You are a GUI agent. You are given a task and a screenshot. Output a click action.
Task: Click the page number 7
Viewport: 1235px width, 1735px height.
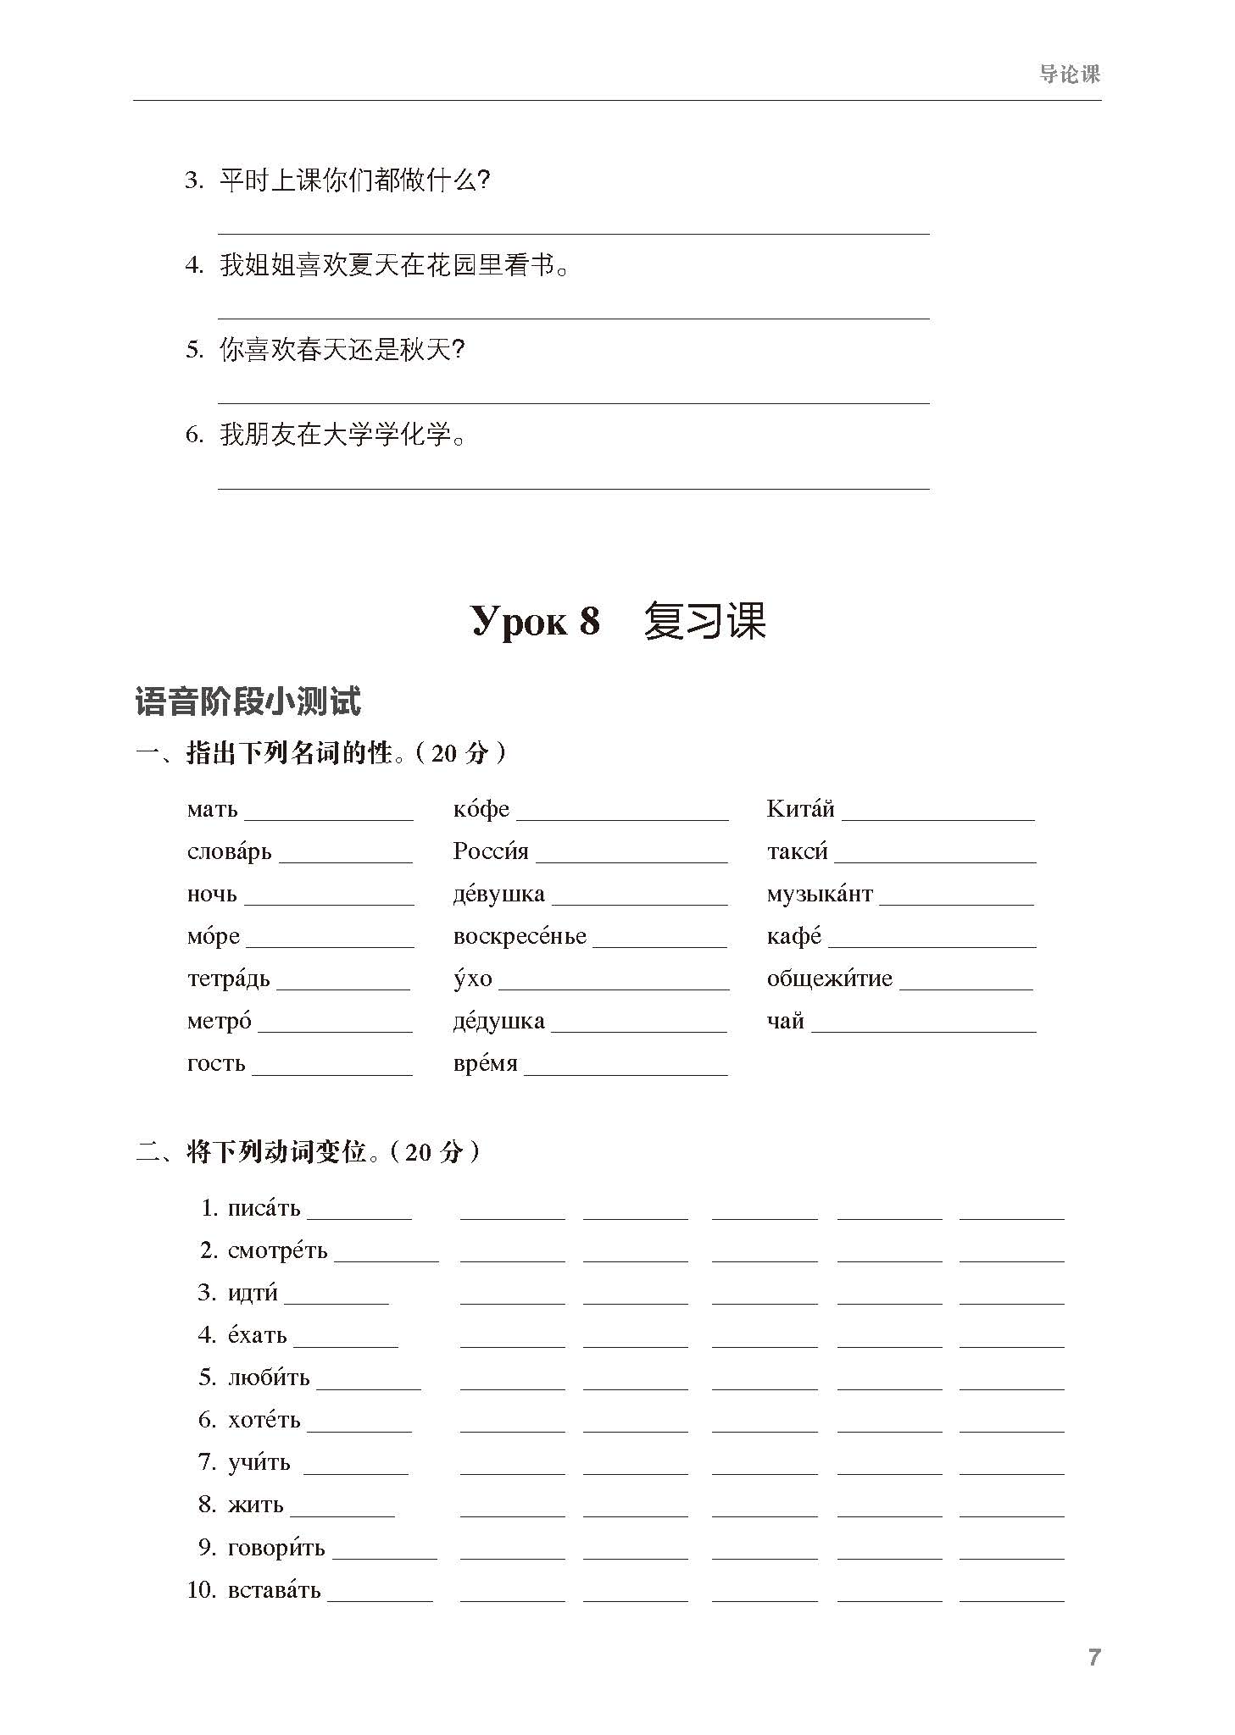1093,1658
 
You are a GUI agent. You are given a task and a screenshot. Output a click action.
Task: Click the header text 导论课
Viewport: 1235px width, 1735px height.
1069,75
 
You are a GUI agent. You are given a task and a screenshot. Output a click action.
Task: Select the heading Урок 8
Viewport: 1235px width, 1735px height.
535,621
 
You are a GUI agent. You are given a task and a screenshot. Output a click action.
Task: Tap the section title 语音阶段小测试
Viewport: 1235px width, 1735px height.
248,701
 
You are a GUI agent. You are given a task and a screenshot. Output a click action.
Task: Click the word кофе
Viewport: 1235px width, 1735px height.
481,809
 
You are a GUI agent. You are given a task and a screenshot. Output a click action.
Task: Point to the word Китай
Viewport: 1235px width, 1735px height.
800,809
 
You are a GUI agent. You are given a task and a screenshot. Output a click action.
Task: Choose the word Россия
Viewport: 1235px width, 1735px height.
490,851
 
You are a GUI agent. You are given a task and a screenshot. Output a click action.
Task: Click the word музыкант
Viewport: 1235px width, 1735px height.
819,894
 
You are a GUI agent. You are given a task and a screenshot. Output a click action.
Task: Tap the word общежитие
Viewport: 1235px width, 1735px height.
829,978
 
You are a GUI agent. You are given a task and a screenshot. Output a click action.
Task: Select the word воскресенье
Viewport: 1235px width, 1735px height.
520,936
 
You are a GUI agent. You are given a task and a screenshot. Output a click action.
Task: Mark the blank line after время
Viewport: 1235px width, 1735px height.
626,1073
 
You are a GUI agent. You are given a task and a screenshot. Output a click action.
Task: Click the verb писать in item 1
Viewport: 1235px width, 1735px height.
264,1208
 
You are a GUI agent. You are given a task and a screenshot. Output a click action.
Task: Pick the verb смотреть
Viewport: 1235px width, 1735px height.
277,1250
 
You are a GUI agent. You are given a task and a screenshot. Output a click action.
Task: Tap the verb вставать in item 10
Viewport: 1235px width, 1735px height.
274,1589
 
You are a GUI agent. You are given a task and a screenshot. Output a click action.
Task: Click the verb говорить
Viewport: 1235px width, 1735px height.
276,1547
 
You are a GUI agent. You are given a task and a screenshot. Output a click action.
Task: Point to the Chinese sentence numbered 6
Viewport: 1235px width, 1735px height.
342,435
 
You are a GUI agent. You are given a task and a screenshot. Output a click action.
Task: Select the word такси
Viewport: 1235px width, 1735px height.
797,851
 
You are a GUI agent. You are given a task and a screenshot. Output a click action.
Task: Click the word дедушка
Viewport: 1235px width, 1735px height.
498,1021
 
